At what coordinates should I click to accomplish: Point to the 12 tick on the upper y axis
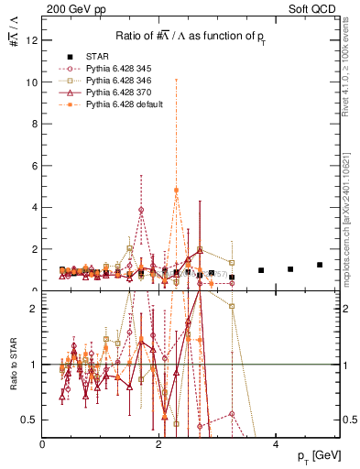tap(32, 40)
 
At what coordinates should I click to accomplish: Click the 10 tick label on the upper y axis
tap(32, 82)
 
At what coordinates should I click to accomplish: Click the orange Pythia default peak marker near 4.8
tap(176, 191)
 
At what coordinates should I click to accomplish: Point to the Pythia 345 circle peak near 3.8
tap(141, 210)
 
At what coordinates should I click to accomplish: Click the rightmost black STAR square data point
tap(320, 265)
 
